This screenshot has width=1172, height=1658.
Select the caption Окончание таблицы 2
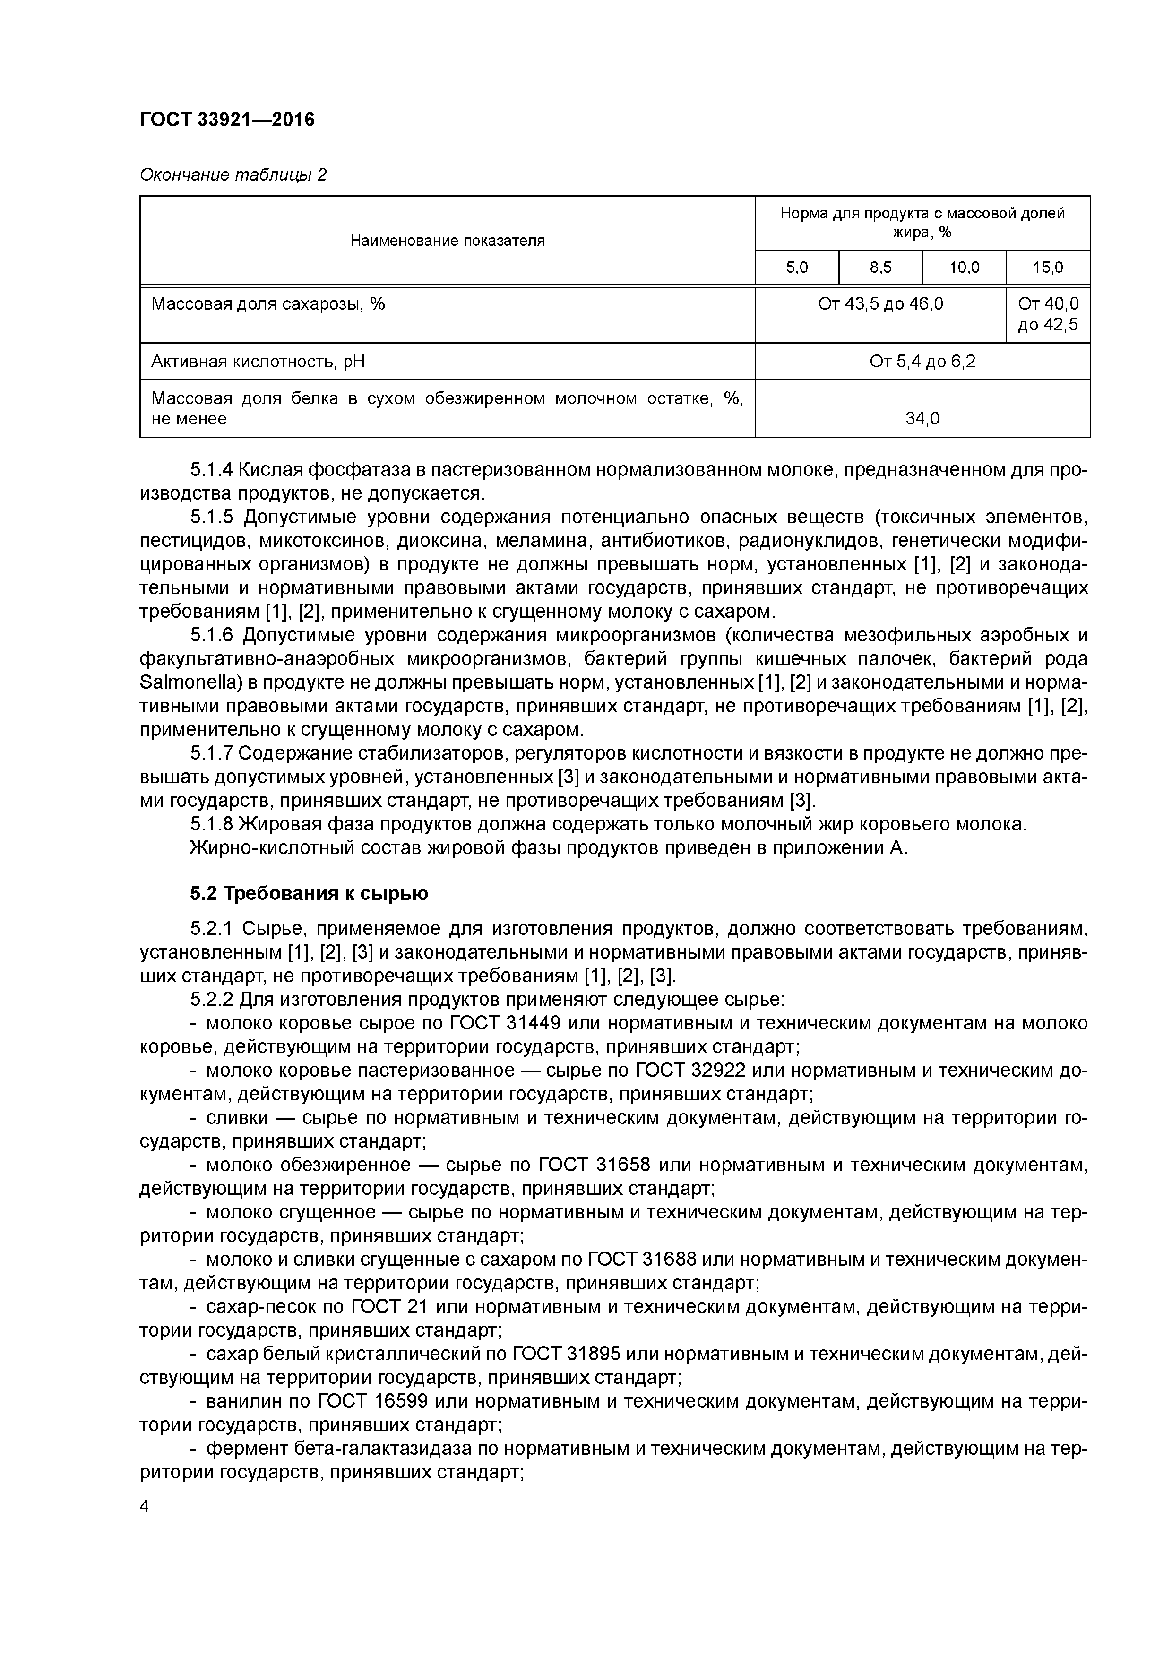tap(233, 175)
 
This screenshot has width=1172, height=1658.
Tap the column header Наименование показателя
tap(447, 241)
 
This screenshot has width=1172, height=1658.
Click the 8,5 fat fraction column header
tap(880, 268)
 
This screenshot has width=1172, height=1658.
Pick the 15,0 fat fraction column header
tap(1047, 268)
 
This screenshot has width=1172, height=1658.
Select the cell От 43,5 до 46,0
tap(880, 304)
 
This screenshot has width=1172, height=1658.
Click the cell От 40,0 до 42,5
tap(1047, 314)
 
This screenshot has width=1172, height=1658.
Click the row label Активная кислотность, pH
tap(258, 361)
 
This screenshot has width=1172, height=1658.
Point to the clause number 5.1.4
tap(212, 470)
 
